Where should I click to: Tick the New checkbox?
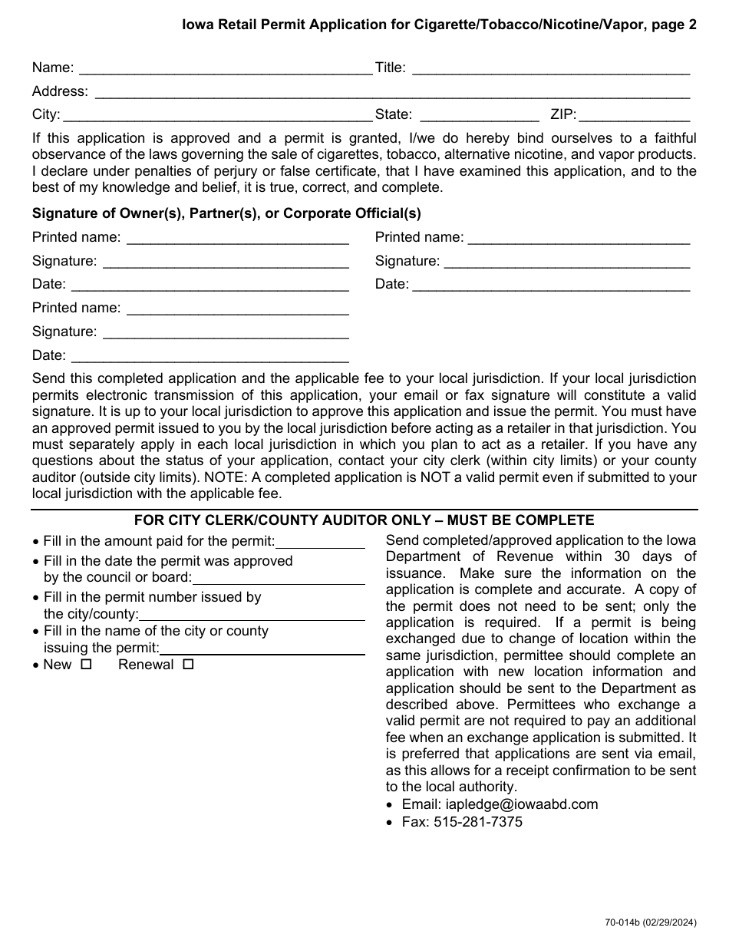86,665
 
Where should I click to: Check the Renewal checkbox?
188,665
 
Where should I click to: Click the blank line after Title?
550,69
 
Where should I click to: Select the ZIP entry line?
634,117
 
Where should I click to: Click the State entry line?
479,117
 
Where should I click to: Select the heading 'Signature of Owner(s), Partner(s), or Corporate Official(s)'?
226,213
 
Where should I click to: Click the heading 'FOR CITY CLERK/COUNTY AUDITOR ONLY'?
364,520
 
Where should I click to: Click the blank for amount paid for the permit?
320,543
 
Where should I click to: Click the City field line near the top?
217,117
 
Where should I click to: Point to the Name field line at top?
225,69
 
